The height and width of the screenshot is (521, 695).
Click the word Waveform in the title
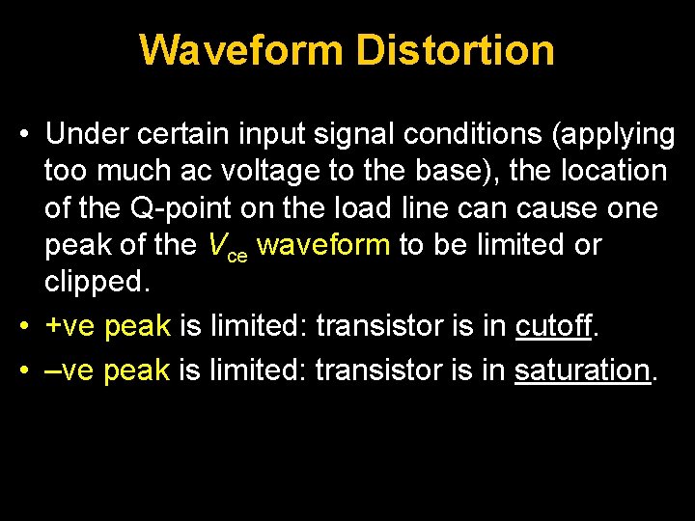pos(241,50)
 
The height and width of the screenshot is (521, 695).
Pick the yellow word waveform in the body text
pos(324,245)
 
